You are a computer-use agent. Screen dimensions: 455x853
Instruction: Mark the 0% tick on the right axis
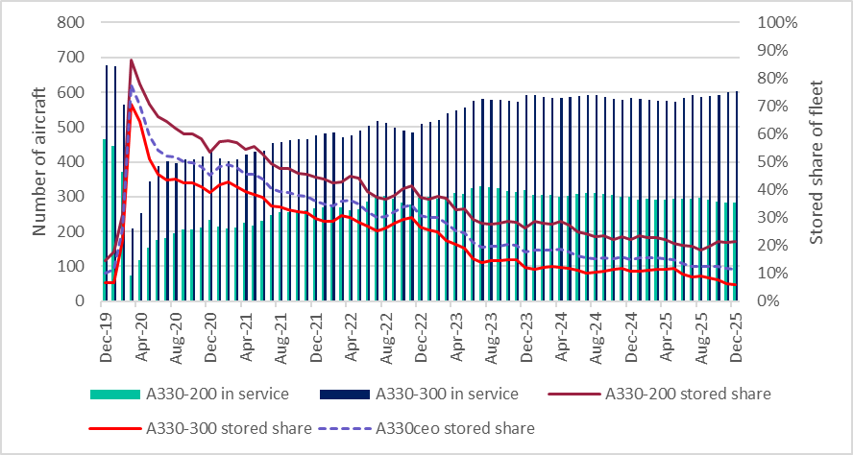point(771,300)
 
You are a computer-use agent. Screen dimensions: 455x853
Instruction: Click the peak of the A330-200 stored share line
point(131,60)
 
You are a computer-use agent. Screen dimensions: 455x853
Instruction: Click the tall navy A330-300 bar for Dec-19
point(107,182)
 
